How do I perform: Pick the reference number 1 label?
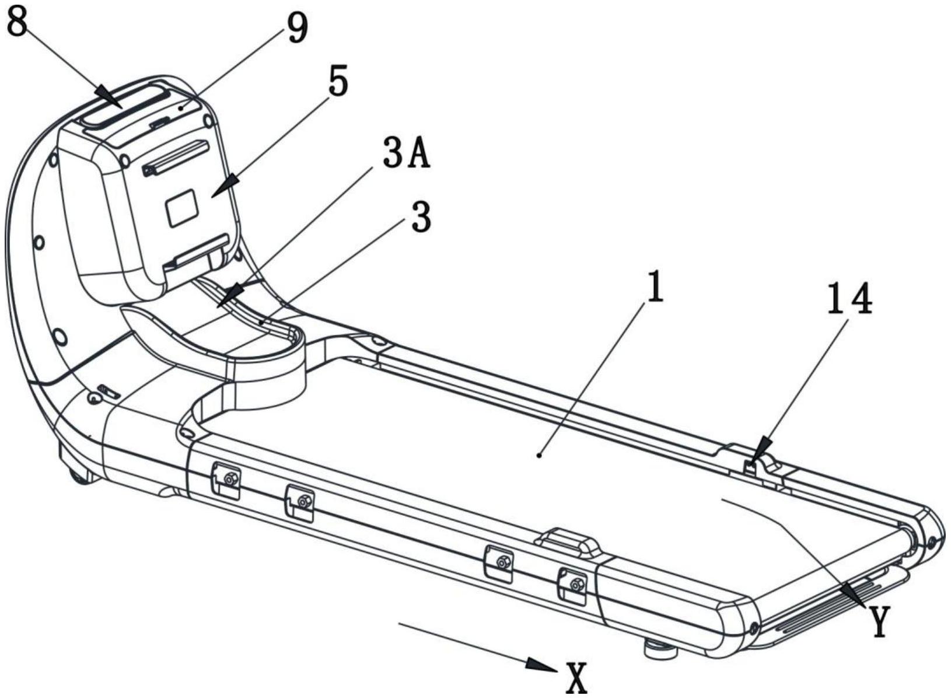pos(655,286)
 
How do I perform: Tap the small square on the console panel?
pos(182,207)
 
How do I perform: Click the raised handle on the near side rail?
pos(568,540)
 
